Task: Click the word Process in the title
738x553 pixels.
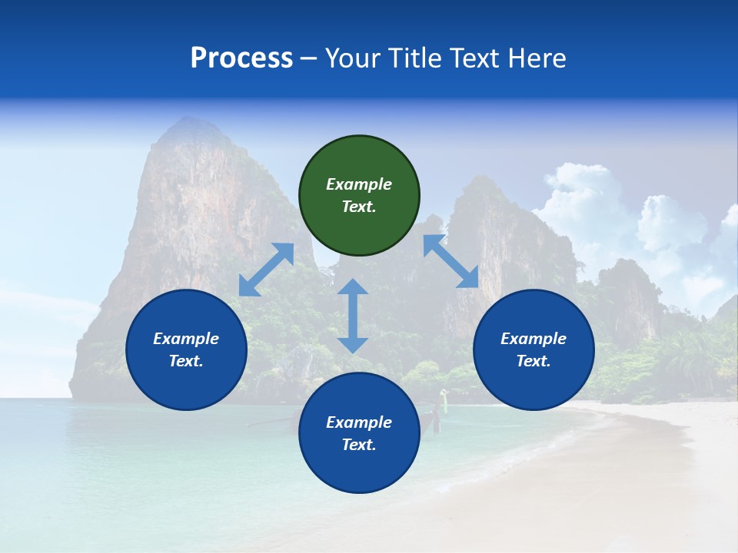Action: [x=241, y=58]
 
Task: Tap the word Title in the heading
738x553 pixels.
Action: [x=416, y=58]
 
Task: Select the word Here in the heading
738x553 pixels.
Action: [x=536, y=58]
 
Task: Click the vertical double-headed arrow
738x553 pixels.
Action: [x=353, y=316]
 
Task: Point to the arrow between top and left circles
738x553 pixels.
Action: [x=266, y=270]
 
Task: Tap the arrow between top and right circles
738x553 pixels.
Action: [x=450, y=261]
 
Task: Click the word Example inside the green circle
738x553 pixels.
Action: [x=359, y=184]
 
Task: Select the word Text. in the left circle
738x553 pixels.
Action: [x=186, y=361]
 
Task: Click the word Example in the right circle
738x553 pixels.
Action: [x=534, y=339]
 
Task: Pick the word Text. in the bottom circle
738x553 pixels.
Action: [x=359, y=445]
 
